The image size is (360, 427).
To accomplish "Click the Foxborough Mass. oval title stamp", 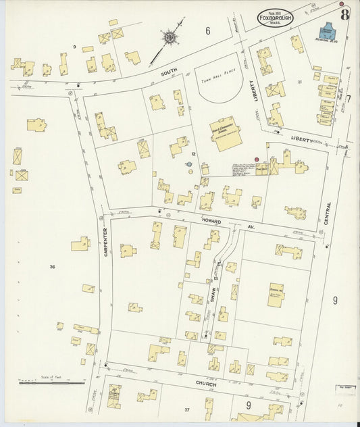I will tap(275, 18).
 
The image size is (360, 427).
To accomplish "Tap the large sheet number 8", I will tap(344, 15).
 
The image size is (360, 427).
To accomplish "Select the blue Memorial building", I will tap(327, 31).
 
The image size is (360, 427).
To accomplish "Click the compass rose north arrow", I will tap(169, 36).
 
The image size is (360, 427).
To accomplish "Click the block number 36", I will tap(52, 267).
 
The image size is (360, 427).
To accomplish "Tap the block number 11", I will tap(298, 81).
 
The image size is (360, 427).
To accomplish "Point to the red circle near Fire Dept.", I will tap(257, 159).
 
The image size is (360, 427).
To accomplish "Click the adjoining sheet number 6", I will tap(208, 30).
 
